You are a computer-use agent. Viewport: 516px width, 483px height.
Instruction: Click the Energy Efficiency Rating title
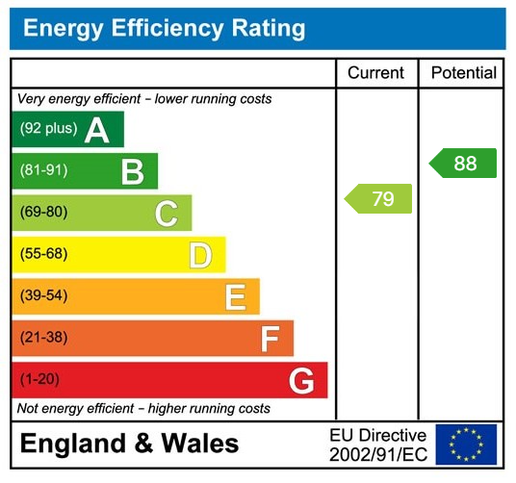(x=164, y=28)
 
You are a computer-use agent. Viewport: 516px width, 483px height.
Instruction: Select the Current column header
(x=375, y=73)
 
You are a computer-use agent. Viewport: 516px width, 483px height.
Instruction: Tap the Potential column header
(x=463, y=73)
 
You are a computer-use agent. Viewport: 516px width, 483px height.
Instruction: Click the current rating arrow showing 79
(x=379, y=199)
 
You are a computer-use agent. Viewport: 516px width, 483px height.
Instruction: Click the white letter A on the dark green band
(x=96, y=130)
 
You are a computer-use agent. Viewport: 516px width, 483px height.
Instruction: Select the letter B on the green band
(x=132, y=172)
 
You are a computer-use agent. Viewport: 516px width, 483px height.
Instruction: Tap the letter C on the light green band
(x=167, y=214)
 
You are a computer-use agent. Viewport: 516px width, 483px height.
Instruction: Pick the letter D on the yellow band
(x=200, y=255)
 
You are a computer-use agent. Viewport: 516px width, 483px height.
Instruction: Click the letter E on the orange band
(x=235, y=297)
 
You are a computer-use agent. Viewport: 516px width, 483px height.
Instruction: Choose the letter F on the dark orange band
(x=270, y=339)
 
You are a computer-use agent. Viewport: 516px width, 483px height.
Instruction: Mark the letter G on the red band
(x=301, y=381)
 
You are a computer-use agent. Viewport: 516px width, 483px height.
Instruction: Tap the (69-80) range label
(x=44, y=213)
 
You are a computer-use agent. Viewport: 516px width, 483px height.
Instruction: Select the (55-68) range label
(x=44, y=254)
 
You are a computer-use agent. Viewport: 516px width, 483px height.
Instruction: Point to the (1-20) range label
(x=39, y=379)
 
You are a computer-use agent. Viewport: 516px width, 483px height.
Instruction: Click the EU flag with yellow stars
(x=467, y=444)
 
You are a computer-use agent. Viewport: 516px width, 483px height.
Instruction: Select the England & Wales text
(x=129, y=444)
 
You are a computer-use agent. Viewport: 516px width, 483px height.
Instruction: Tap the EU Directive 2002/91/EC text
(x=377, y=444)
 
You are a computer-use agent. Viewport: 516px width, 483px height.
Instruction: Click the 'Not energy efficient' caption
(x=143, y=409)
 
